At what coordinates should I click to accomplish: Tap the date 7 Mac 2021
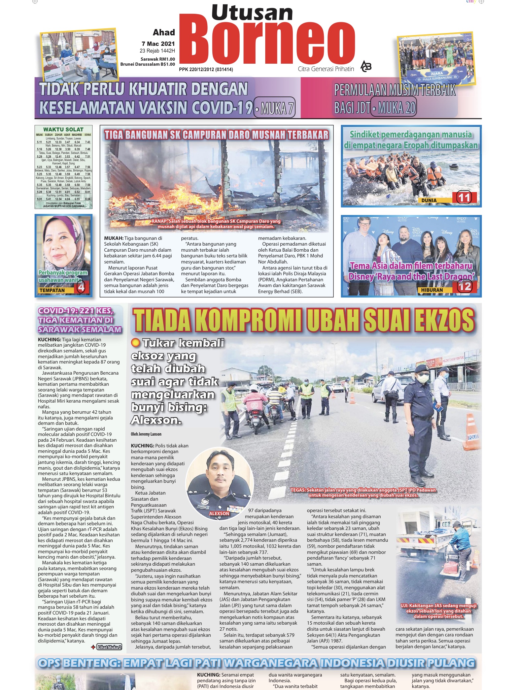point(158,44)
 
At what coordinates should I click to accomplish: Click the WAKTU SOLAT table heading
point(63,129)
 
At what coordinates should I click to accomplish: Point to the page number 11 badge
point(464,198)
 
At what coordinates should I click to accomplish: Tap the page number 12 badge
point(464,287)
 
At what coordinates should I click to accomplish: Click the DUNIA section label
point(429,200)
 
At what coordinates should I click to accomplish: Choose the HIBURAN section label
point(432,290)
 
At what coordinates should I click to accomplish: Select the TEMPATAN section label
point(52,290)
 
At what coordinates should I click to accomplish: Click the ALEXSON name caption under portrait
point(219,513)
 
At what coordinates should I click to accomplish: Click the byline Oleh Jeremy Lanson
point(146,434)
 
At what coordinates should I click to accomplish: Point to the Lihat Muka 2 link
point(109,647)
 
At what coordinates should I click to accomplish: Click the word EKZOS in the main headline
point(438,320)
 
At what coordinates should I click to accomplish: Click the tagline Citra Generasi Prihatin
point(326,69)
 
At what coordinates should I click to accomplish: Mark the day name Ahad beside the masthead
point(164,32)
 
